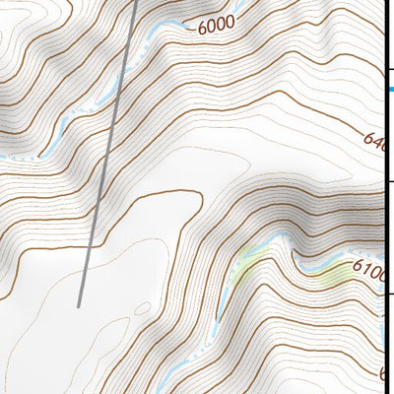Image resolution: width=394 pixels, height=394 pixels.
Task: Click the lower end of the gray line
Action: (x=79, y=305)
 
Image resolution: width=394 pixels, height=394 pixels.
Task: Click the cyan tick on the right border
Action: (x=389, y=90)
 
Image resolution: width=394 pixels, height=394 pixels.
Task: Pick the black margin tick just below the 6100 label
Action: (x=389, y=294)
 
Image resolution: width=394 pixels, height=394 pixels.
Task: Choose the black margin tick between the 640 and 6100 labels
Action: (x=389, y=181)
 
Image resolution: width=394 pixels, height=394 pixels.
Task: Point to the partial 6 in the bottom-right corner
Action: (x=385, y=374)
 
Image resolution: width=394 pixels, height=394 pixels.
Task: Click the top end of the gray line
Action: (x=136, y=2)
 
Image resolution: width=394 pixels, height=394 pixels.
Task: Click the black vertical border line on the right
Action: (x=383, y=197)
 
